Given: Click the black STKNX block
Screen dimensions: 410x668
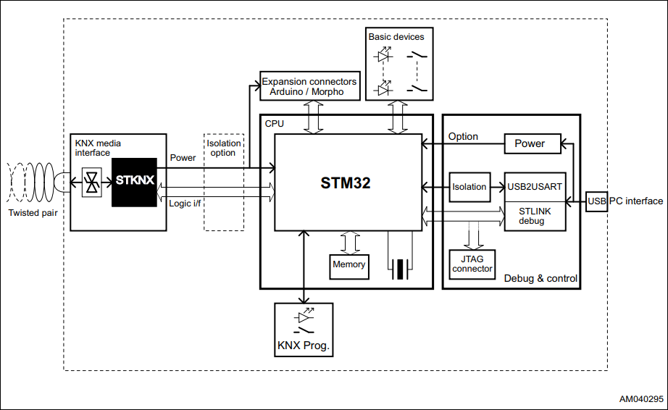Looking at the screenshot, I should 134,181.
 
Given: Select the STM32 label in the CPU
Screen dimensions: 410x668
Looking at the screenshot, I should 346,183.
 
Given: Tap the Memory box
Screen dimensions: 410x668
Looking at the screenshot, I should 348,265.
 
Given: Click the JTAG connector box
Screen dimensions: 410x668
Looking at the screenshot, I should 472,264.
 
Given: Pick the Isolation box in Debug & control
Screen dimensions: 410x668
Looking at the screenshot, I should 469,187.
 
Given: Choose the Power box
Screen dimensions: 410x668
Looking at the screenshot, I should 533,143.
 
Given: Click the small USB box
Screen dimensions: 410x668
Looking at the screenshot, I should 596,201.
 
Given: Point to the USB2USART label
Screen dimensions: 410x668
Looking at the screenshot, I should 535,187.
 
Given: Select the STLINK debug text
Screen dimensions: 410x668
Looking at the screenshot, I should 535,215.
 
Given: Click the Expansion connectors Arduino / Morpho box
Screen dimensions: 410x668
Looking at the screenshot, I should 309,86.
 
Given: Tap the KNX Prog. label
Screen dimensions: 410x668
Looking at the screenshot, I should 304,346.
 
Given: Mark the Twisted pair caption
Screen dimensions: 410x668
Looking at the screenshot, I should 33,213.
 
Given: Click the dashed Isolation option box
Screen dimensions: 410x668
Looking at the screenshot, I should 223,182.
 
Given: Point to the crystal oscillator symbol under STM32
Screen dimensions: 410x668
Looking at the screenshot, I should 400,268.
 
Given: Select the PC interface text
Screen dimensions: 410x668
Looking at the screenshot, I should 635,201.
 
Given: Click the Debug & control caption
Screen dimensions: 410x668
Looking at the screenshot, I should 540,279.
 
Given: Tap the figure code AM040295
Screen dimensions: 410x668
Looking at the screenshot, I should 640,399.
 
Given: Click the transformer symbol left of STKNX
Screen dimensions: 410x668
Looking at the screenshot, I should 92,181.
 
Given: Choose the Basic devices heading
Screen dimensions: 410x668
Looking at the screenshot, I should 396,36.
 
